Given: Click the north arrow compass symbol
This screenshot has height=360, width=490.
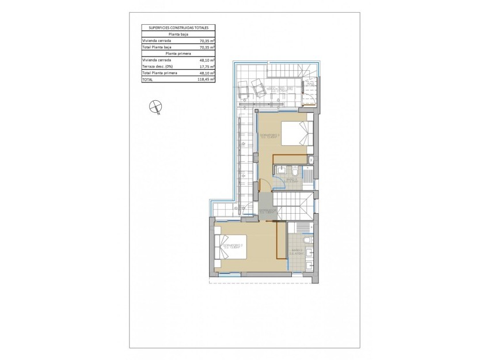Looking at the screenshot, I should [154, 107].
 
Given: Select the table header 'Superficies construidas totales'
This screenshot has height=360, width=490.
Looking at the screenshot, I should [178, 27].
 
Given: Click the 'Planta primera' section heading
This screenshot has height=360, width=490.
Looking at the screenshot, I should [178, 53].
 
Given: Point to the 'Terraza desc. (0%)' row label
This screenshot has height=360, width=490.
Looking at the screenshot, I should [157, 66].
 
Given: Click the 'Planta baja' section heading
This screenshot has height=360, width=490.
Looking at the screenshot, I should [178, 34].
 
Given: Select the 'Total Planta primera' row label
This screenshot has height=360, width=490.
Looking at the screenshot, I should [161, 73].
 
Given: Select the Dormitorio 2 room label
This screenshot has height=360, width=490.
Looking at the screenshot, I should [233, 247].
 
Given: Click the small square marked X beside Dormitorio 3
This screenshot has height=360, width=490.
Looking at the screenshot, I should [312, 160].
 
